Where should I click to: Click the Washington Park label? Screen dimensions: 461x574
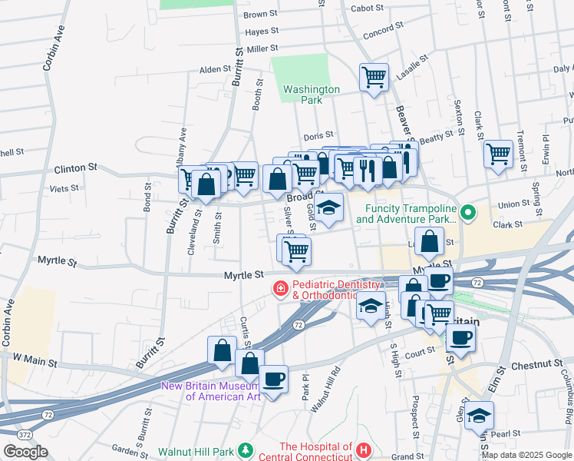pyautogui.click(x=311, y=95)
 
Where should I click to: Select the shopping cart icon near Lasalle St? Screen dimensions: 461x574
pyautogui.click(x=374, y=77)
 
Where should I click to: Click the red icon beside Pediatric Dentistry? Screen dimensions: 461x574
pyautogui.click(x=281, y=289)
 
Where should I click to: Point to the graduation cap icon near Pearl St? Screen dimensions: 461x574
pyautogui.click(x=479, y=416)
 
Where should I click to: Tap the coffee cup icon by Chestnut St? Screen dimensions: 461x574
pyautogui.click(x=460, y=337)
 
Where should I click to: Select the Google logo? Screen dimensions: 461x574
pyautogui.click(x=25, y=452)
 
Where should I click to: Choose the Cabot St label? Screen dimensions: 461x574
pyautogui.click(x=367, y=8)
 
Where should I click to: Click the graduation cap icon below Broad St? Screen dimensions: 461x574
pyautogui.click(x=328, y=208)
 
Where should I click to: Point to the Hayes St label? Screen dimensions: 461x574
pyautogui.click(x=262, y=32)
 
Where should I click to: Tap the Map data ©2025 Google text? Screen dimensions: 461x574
pyautogui.click(x=526, y=455)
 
